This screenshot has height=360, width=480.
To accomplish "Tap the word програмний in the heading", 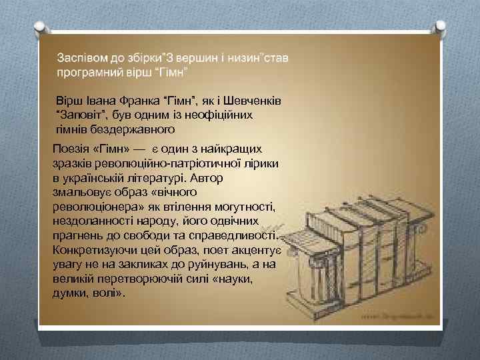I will (88, 71).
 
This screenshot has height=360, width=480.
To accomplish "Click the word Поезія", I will (71, 149).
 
